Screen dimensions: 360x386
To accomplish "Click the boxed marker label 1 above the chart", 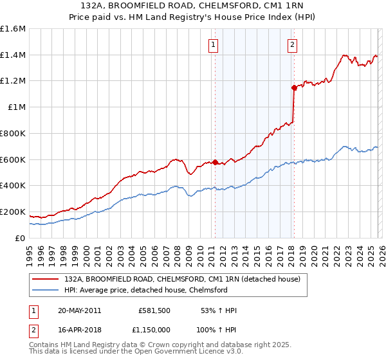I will [213, 44].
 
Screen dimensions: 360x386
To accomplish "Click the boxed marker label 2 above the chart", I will [292, 44].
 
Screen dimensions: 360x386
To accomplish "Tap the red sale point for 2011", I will [215, 162].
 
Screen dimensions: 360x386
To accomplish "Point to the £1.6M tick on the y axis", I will [13, 29].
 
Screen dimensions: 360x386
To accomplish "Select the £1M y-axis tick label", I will [17, 107].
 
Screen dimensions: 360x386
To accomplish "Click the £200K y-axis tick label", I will [13, 212].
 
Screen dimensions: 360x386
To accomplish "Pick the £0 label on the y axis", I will [21, 238].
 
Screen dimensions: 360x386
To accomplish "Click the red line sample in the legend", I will [46, 280].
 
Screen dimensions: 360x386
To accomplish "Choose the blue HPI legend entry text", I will [146, 291].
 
